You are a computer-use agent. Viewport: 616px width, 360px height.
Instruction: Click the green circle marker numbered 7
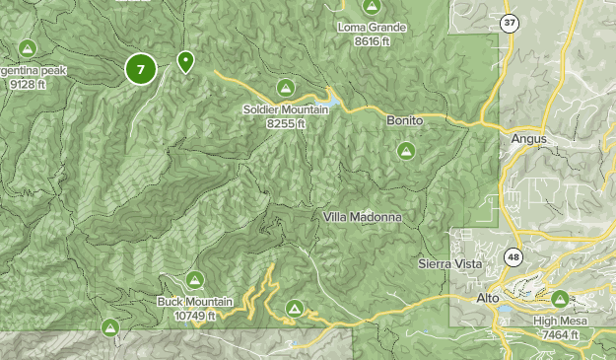141,69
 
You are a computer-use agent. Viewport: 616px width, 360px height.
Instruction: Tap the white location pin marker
184,63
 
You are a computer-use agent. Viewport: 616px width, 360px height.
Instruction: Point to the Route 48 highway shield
513,256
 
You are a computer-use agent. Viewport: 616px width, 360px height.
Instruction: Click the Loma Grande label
372,28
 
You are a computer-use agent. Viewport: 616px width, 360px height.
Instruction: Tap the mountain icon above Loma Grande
372,7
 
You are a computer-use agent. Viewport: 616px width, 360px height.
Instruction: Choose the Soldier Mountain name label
285,109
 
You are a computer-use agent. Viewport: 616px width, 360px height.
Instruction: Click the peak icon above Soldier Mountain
285,88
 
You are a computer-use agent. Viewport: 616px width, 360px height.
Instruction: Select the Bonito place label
404,119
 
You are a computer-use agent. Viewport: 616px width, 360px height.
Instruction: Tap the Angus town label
528,139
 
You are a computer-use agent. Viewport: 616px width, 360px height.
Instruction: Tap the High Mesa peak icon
560,298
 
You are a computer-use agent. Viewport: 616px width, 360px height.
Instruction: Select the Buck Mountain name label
194,302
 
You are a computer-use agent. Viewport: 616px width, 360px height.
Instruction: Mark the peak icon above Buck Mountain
194,280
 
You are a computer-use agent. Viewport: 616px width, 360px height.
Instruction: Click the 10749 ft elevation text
195,316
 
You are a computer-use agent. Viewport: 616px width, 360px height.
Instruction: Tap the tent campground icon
294,310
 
